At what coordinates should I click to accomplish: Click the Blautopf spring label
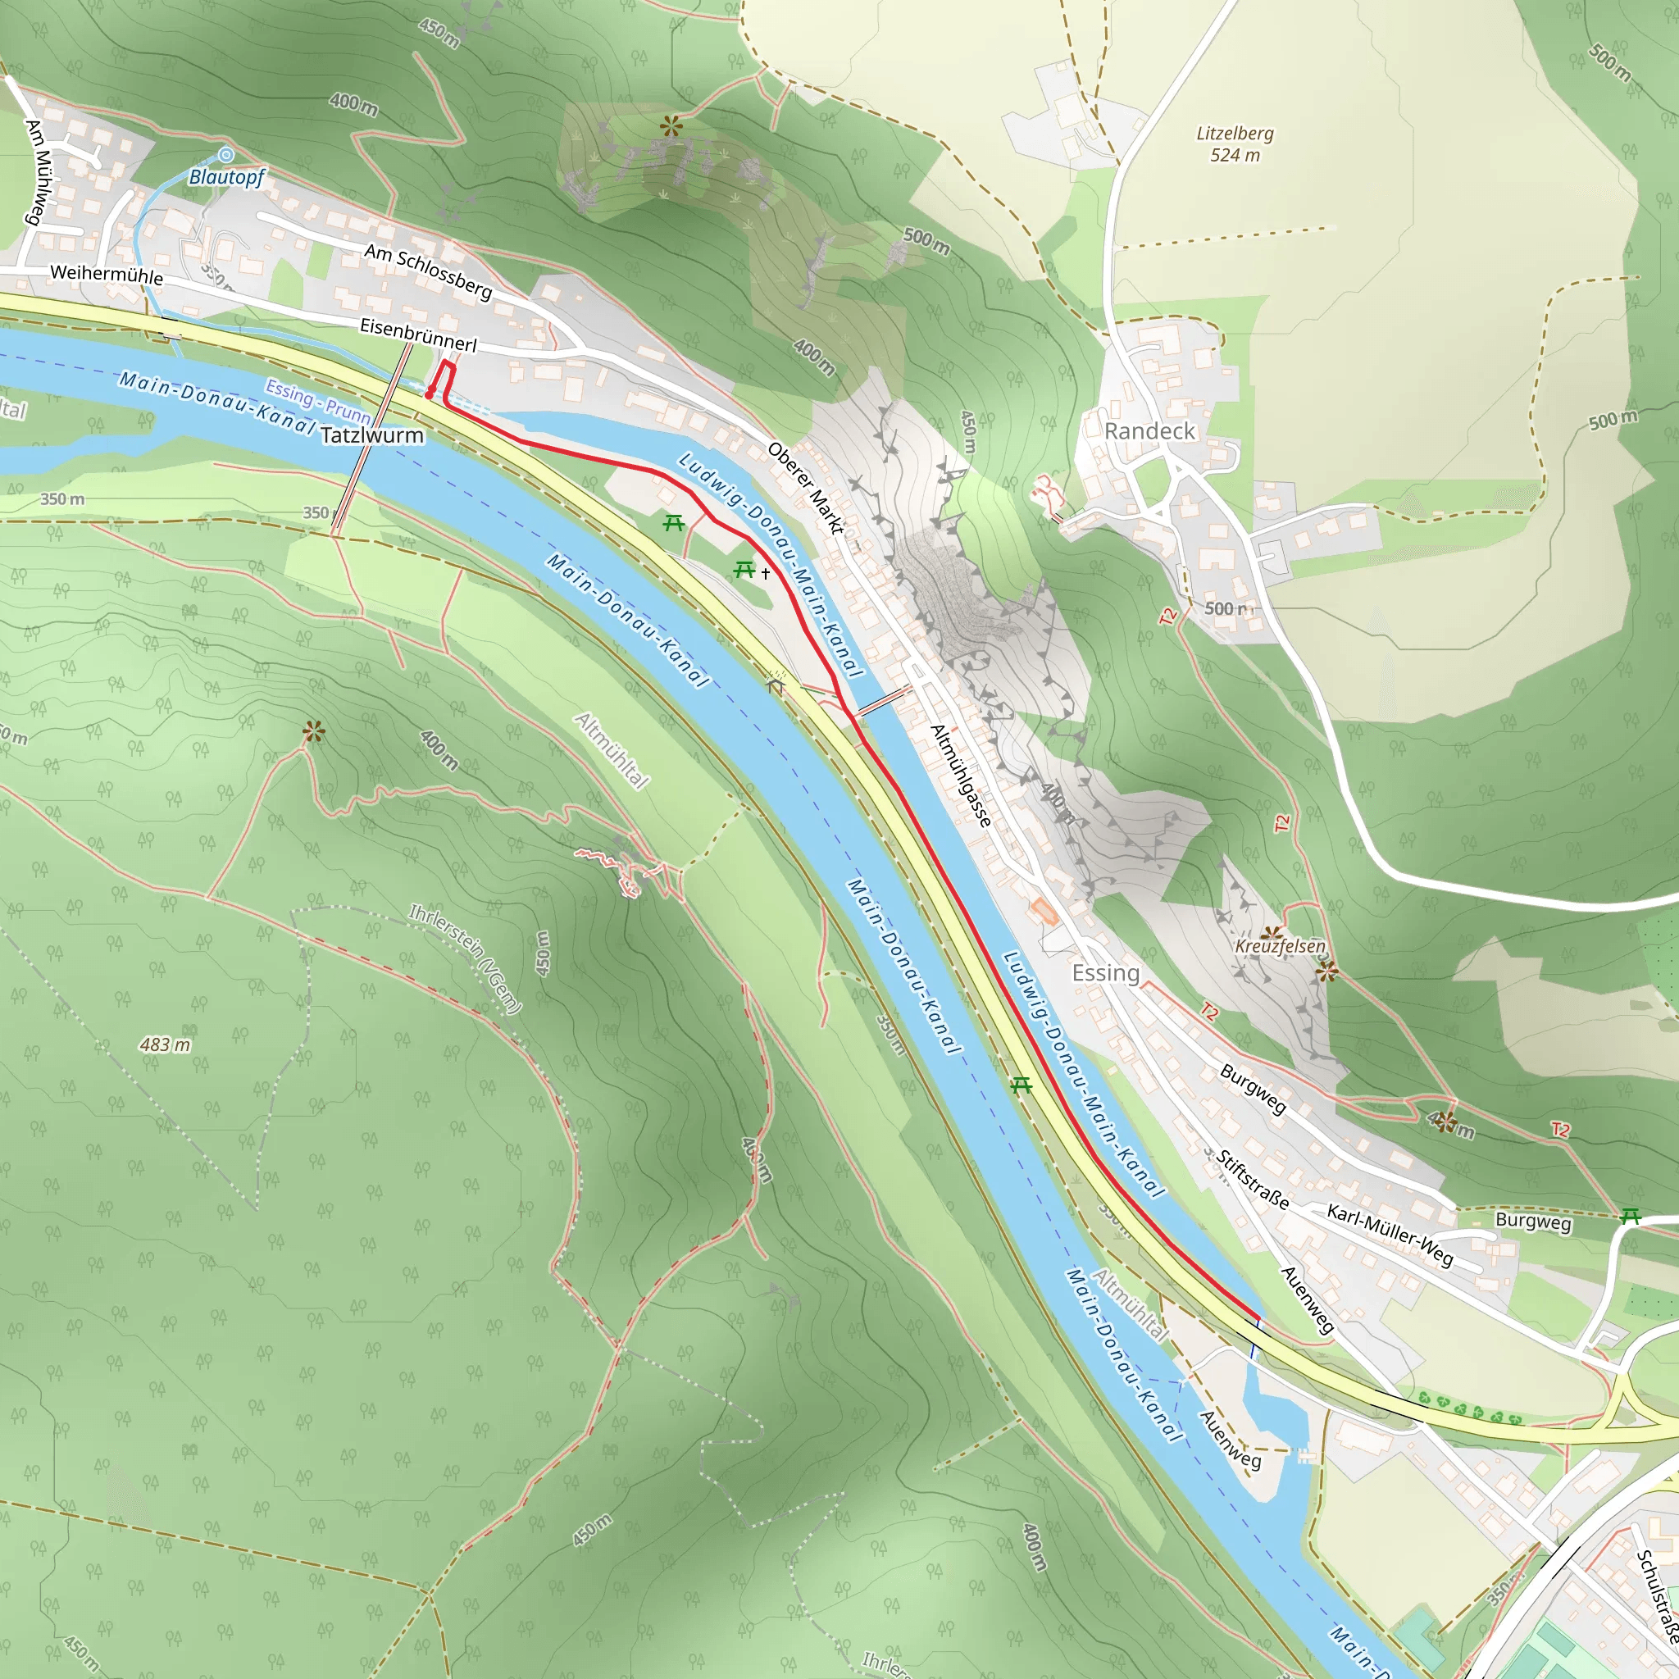click(x=227, y=177)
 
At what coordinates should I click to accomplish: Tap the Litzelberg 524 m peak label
click(x=1234, y=144)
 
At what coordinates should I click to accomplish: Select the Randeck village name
click(x=1149, y=431)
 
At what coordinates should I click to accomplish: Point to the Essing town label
click(x=1104, y=972)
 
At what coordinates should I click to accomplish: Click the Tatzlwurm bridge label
click(x=372, y=435)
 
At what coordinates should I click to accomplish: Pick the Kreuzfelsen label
click(x=1280, y=945)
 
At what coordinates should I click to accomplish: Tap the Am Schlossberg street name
click(x=428, y=271)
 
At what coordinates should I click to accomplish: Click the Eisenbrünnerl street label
click(x=418, y=334)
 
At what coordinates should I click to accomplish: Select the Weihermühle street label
click(x=106, y=275)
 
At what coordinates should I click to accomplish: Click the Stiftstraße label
click(x=1253, y=1181)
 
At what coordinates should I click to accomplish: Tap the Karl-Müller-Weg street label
click(x=1390, y=1235)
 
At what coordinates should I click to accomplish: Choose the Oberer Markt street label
click(x=805, y=488)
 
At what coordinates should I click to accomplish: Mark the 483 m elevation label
click(x=165, y=1044)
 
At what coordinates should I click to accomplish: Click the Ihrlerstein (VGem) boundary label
click(x=465, y=958)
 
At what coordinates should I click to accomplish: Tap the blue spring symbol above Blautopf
click(x=226, y=155)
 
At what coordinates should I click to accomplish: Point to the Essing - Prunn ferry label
click(x=318, y=400)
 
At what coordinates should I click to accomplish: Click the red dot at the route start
click(x=430, y=395)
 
